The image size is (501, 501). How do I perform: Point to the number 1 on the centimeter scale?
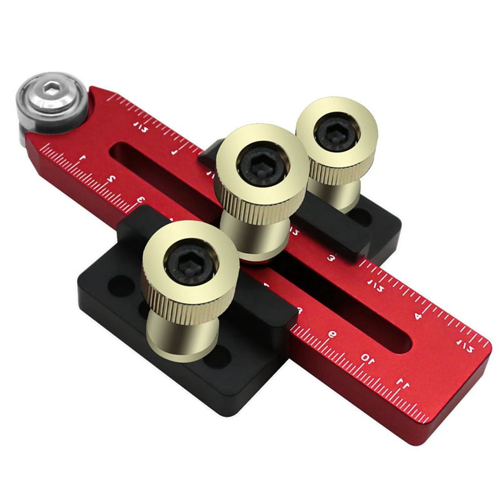coord(82,159)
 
